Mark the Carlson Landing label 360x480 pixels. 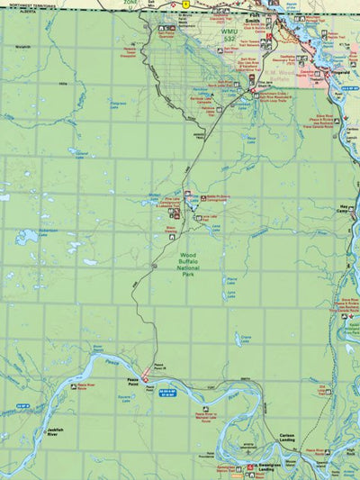click(x=287, y=439)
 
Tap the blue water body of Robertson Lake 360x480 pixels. click(x=27, y=237)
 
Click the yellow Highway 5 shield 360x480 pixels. click(x=184, y=5)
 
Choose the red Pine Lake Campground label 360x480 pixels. click(x=165, y=204)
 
